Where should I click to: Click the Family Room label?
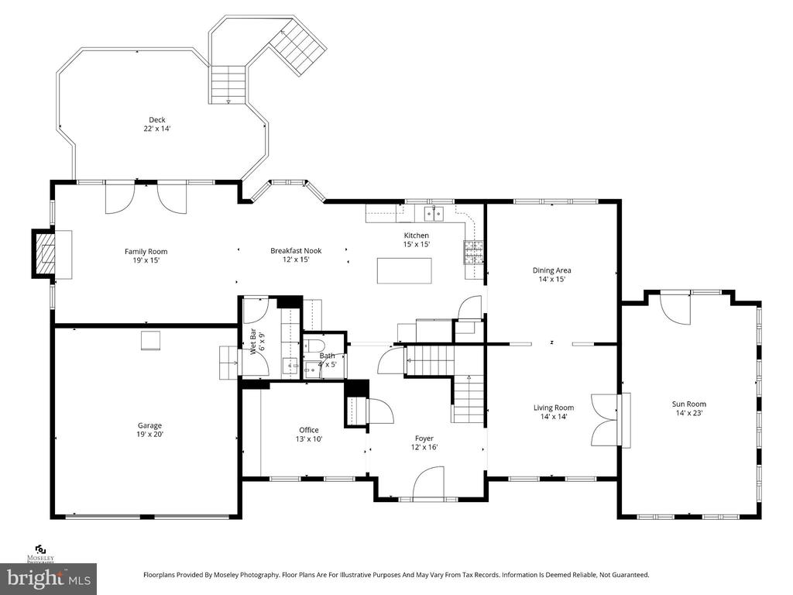point(146,252)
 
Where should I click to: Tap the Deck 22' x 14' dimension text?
point(156,129)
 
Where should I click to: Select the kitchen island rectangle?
point(404,270)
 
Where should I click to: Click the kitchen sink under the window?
point(434,214)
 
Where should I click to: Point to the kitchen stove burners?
point(473,253)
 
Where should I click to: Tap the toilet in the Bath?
point(314,346)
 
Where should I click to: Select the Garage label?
point(149,425)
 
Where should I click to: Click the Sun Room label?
point(688,404)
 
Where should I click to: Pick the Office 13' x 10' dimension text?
point(308,439)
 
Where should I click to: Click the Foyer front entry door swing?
point(428,483)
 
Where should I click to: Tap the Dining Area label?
point(551,270)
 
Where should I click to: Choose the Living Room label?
point(553,408)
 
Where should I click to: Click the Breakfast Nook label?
point(296,250)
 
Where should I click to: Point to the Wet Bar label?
point(253,342)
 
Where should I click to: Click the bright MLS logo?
point(49,578)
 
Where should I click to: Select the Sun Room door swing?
point(675,308)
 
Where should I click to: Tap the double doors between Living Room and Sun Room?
point(606,419)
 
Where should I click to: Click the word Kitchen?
point(416,236)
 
